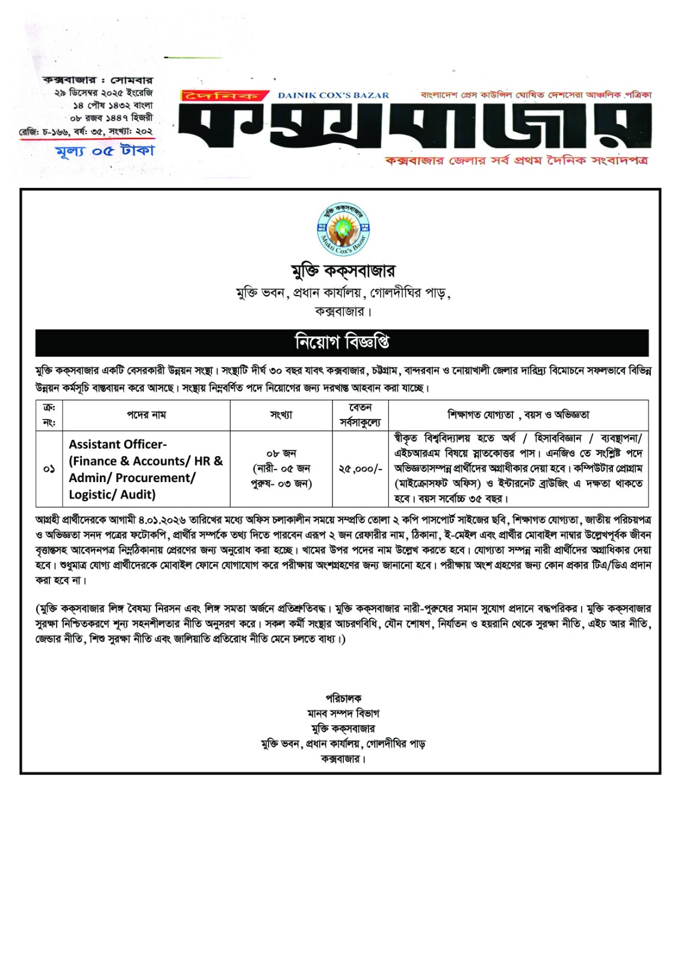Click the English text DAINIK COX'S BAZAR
[333, 95]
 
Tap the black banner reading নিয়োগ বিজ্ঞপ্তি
[341, 342]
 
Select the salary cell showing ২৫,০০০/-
[360, 468]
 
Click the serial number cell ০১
[49, 468]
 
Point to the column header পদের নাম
[146, 415]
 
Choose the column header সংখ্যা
[281, 415]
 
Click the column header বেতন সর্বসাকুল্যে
[360, 415]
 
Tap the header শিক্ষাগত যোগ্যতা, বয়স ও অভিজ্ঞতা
[518, 415]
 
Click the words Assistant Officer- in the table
[117, 444]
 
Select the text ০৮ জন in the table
[281, 453]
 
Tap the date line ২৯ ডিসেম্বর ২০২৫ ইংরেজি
[103, 93]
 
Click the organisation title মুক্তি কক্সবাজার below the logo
[343, 271]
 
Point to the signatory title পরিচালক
[343, 698]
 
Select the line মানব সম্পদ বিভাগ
[343, 713]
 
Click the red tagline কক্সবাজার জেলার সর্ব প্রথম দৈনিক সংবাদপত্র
[517, 161]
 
